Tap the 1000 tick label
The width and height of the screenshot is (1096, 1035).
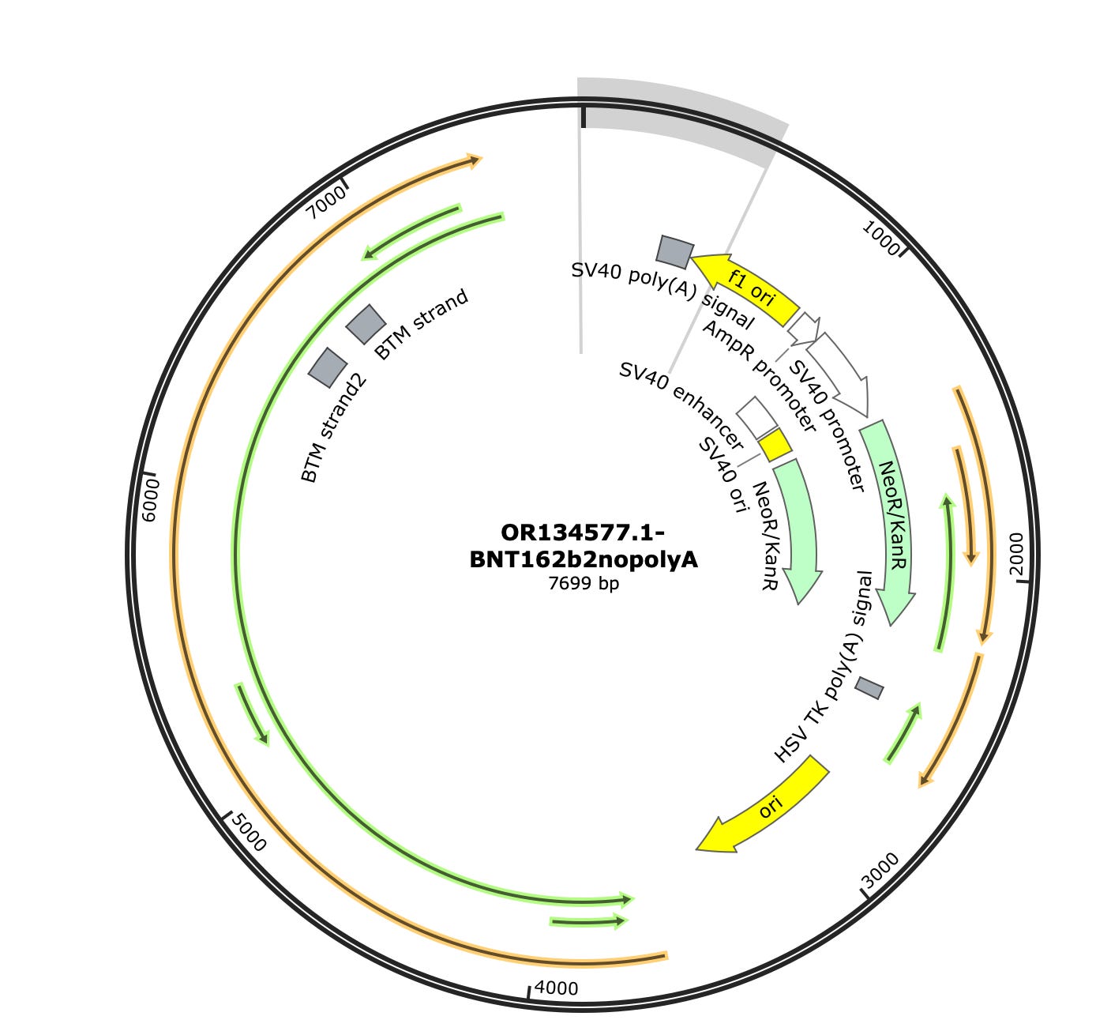pos(881,238)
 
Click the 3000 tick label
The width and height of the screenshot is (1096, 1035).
pos(880,870)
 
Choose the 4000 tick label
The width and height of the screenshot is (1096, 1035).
pos(557,988)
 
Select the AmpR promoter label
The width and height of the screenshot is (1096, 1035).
pos(758,376)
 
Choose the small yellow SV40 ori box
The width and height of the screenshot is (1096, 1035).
pos(775,446)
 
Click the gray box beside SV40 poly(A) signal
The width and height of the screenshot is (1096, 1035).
pos(674,251)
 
